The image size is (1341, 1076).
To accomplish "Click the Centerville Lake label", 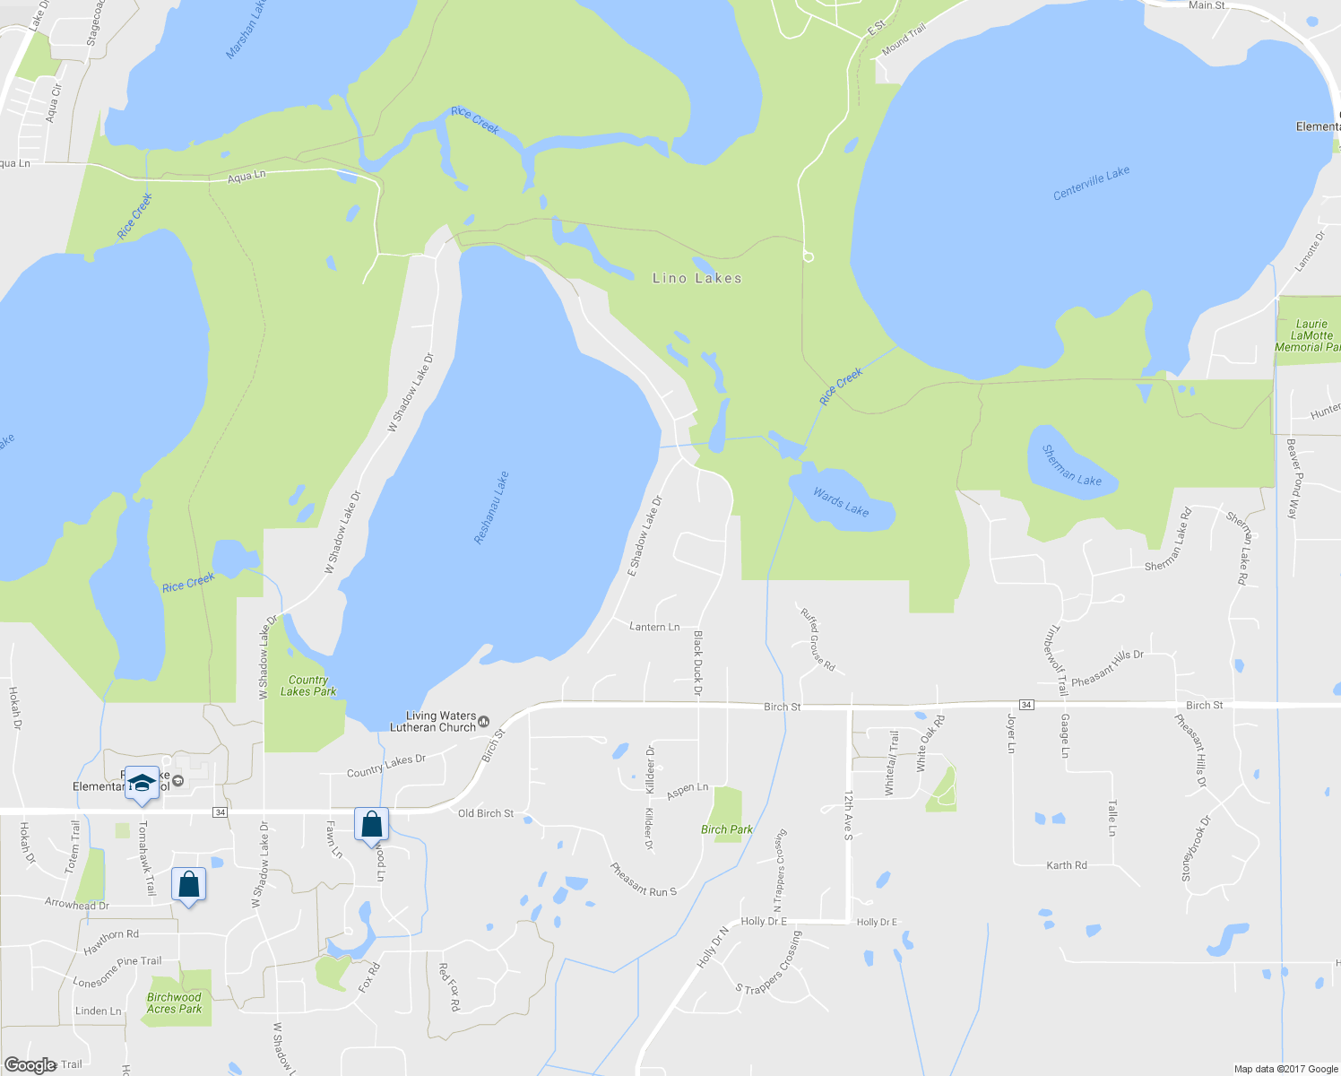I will click(x=1091, y=183).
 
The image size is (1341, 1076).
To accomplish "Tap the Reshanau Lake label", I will click(x=491, y=508).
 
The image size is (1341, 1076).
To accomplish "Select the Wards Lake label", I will click(x=841, y=502).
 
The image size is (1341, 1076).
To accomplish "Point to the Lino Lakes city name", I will click(x=696, y=279).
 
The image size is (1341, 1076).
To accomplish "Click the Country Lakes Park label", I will click(x=308, y=686).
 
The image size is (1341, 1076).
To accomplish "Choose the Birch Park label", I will click(x=727, y=829).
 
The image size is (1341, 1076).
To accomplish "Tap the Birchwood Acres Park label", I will click(x=174, y=1002).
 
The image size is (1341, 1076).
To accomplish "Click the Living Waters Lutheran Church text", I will click(x=441, y=722).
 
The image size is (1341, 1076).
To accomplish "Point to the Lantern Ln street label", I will click(x=654, y=627).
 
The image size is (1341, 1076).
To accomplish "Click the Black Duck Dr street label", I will click(x=697, y=663).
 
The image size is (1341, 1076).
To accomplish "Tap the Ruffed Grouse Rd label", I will click(x=818, y=640).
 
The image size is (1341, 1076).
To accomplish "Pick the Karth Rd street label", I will click(x=1067, y=865).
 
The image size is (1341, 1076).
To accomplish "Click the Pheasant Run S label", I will click(x=643, y=879).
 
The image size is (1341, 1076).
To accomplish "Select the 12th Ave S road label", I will click(x=848, y=815).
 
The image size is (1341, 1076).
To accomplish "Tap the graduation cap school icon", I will click(x=142, y=784).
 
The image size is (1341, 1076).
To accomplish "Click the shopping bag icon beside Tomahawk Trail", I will click(x=189, y=885).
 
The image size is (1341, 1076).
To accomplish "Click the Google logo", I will click(x=30, y=1065).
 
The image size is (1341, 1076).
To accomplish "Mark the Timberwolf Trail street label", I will click(x=1054, y=660).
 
